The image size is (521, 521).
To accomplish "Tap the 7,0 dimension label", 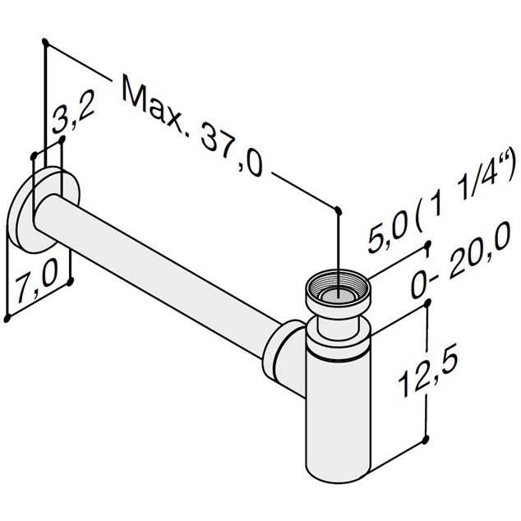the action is (x=37, y=280).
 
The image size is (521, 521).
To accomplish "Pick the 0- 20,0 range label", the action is (x=460, y=259).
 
